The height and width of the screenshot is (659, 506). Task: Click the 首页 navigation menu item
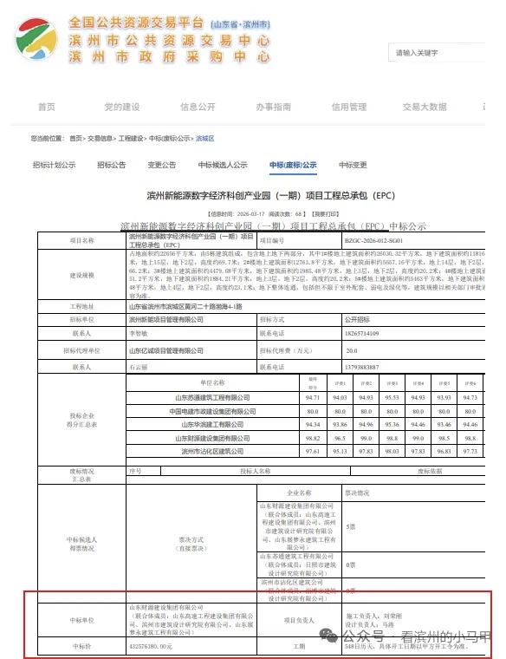(46, 107)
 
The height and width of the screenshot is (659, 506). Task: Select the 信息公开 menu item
(198, 107)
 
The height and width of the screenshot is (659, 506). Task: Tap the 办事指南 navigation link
(273, 107)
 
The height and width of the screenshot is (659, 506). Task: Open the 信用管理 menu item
(348, 107)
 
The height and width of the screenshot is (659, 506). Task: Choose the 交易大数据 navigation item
(424, 107)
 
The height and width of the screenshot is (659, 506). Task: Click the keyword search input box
(442, 53)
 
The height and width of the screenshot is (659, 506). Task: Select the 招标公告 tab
(111, 165)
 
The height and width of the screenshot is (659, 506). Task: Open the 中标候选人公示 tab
(222, 165)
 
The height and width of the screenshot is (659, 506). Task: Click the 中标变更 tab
(352, 165)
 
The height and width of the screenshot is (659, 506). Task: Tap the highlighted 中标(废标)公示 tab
(292, 165)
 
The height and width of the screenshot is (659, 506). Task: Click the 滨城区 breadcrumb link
(204, 138)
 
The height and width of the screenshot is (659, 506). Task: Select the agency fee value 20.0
(351, 350)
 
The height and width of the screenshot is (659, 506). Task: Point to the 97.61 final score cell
(314, 451)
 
